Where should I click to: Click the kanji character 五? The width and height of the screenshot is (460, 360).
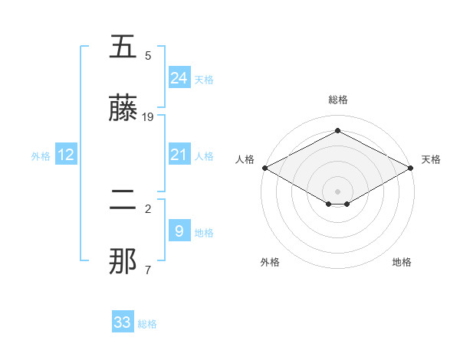tap(123, 47)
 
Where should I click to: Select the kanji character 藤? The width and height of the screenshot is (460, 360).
tap(123, 109)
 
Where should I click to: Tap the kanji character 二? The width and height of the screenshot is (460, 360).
tap(123, 201)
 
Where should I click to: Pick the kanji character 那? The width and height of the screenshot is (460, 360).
tap(123, 262)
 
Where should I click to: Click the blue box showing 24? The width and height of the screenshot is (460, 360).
tap(179, 78)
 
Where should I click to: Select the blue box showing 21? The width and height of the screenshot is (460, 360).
tap(179, 155)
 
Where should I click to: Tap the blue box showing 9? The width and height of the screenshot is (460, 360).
tap(179, 231)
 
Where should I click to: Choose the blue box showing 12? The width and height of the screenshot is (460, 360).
tap(66, 155)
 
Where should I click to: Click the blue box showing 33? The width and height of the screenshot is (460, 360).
tap(123, 322)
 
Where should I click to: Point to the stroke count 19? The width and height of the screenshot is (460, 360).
tap(148, 117)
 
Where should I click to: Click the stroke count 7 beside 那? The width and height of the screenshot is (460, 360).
tap(147, 270)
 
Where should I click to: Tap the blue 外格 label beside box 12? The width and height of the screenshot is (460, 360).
tap(41, 155)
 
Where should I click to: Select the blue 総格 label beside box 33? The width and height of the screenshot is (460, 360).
tap(147, 324)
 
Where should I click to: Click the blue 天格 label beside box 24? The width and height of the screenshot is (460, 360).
tap(204, 79)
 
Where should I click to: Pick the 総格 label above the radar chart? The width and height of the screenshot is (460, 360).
tap(337, 100)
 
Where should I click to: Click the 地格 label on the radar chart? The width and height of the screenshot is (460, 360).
tap(402, 262)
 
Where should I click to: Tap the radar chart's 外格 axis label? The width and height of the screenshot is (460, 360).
tap(270, 262)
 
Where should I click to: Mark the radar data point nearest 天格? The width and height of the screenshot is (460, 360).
tap(412, 168)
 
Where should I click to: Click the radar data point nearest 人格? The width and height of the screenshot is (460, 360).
tap(264, 168)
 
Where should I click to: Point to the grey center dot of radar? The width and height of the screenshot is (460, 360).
tap(337, 191)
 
